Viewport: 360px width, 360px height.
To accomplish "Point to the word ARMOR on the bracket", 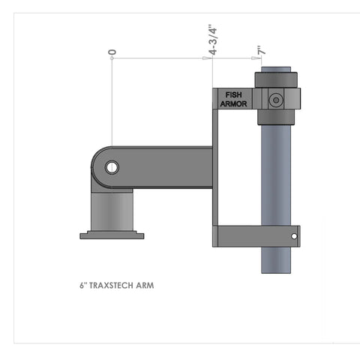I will coord(235,103).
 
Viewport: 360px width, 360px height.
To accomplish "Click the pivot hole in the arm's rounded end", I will coord(111,167).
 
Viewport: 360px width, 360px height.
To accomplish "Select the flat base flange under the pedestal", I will coord(111,235).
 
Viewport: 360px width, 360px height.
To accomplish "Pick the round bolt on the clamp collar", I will coord(275,99).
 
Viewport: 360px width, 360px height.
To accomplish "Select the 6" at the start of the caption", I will coord(82,286).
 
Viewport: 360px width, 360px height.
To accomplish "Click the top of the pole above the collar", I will coord(275,69).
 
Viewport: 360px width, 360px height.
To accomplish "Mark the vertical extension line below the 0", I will coord(112,105).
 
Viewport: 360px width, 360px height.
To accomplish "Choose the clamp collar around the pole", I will coord(279,97).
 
